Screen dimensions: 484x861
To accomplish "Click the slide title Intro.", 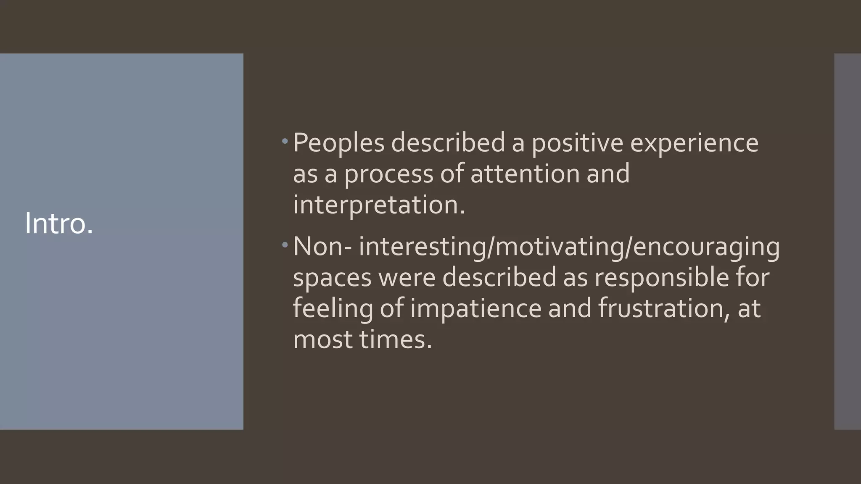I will (59, 224).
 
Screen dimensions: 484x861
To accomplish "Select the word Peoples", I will (338, 143).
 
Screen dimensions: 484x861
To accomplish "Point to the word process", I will (388, 174).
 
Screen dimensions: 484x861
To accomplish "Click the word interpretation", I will (379, 205).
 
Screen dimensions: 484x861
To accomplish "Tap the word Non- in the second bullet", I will (322, 246).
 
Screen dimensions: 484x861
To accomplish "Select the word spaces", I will (332, 277).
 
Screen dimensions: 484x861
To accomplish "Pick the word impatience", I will (475, 308).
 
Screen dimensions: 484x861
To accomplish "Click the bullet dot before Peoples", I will (285, 141).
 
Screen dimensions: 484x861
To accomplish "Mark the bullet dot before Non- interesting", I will (285, 245).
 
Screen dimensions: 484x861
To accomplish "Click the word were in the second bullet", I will (406, 277).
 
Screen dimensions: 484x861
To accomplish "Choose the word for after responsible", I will (752, 277).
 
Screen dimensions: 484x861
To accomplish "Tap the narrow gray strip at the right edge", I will (848, 242).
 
